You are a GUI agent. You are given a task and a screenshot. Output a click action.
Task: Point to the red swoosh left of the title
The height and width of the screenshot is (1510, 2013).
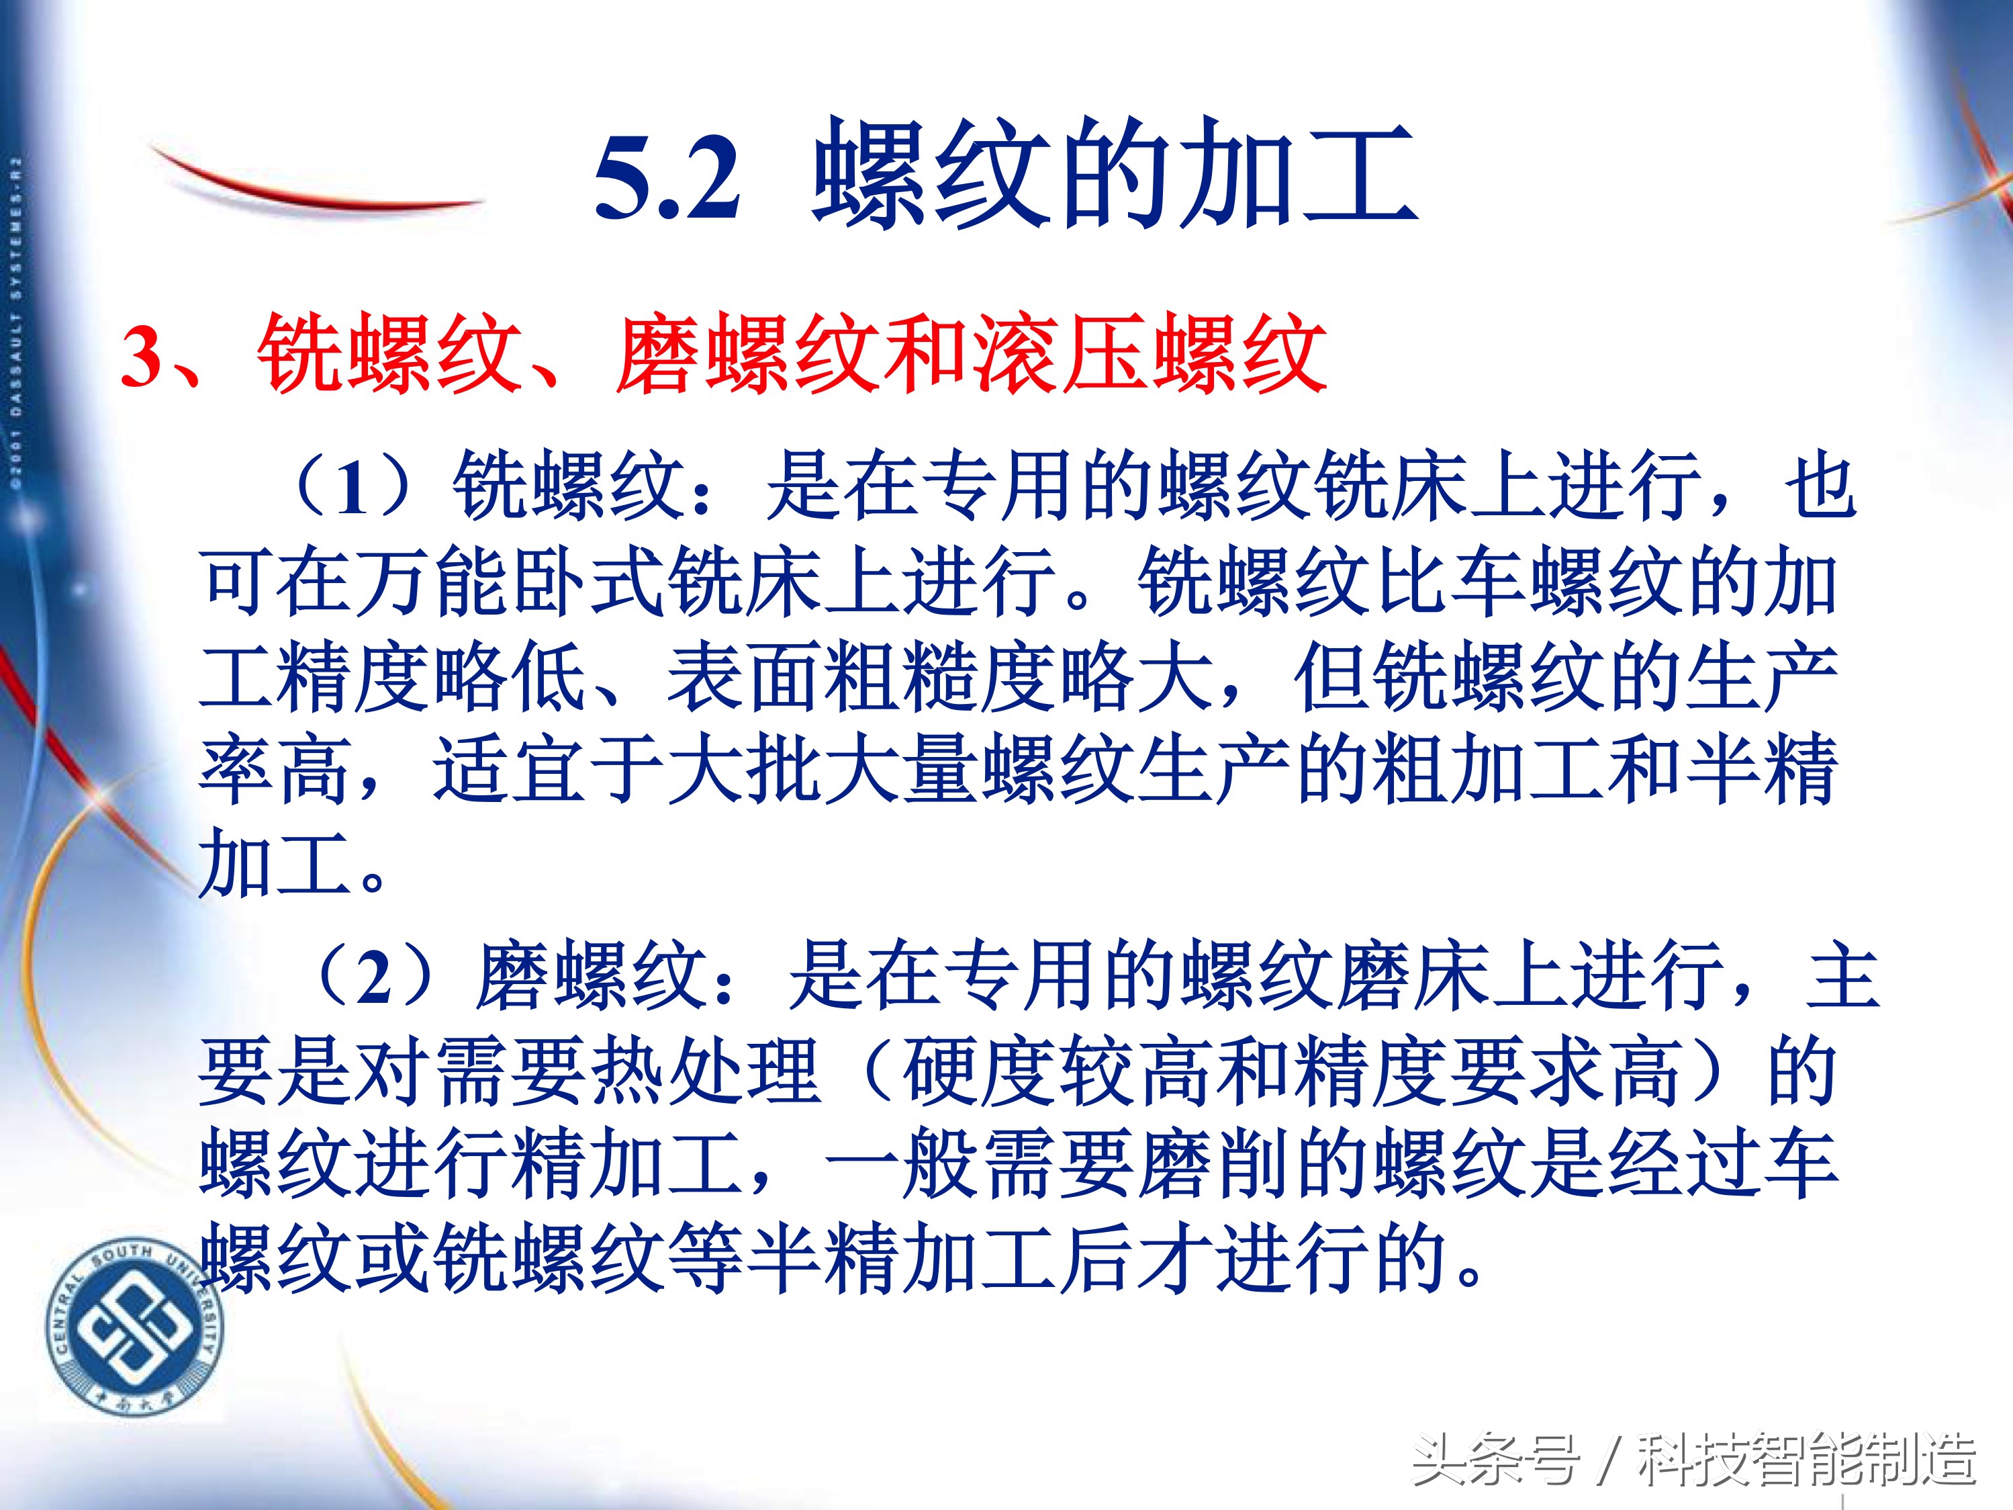310,187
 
